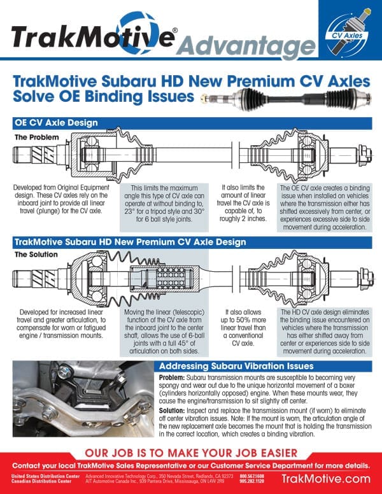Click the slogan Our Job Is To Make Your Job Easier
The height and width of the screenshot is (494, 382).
coord(190,453)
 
